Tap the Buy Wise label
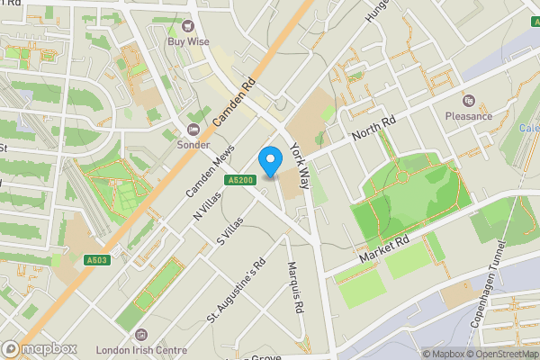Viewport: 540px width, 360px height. point(188,41)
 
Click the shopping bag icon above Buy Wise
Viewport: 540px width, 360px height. point(189,26)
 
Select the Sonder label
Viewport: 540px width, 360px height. point(193,145)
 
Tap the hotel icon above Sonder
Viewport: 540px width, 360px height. point(193,130)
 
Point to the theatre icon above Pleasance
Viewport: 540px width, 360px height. point(469,99)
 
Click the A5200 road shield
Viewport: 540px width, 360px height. point(237,180)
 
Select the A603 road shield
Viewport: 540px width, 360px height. point(98,261)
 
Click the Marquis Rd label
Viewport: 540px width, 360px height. point(293,283)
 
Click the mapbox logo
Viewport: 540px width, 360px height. point(40,349)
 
